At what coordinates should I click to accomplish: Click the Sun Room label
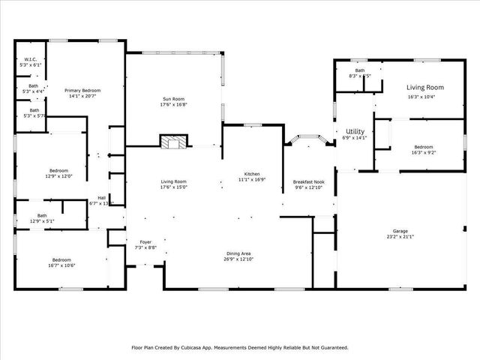coord(173,98)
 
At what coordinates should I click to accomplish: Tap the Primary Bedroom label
coord(82,90)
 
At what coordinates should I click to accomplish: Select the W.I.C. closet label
coord(31,59)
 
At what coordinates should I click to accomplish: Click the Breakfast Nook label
coord(308,182)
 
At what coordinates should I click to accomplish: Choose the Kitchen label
coord(252,174)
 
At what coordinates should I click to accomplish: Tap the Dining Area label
coord(239,253)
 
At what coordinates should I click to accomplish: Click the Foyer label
coord(145,241)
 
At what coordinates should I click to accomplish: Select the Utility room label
coord(355,131)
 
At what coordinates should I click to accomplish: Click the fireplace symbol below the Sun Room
coord(173,142)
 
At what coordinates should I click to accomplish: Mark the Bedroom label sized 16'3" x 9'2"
coord(424,147)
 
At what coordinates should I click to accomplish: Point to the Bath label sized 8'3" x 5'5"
coord(360,70)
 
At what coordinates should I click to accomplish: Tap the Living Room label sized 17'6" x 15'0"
coord(173,181)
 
